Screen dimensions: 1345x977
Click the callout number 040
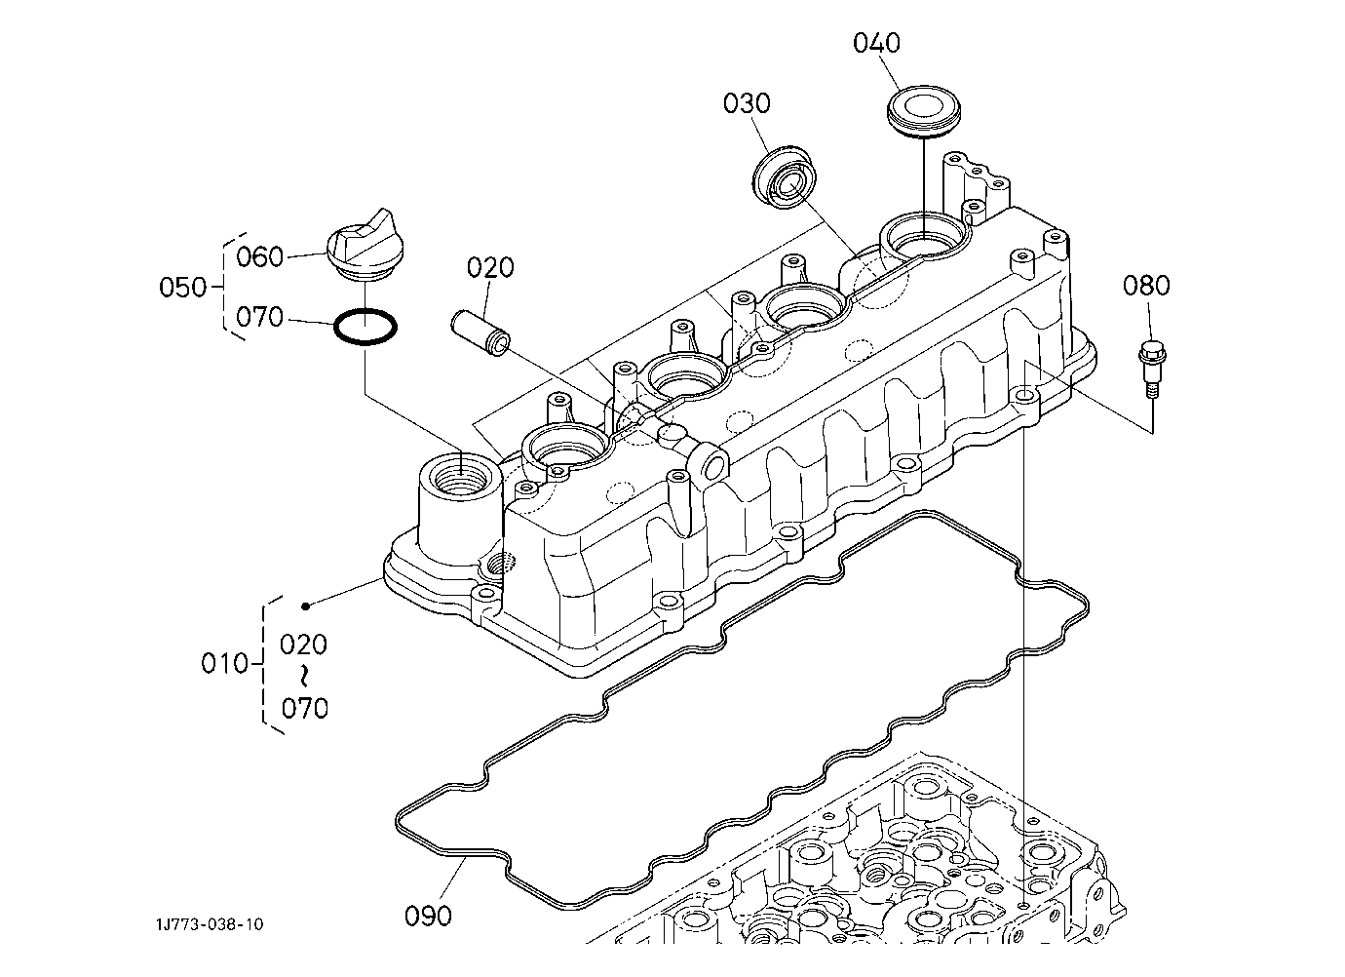876,43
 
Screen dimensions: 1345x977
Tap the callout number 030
747,103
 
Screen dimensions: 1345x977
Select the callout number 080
1146,286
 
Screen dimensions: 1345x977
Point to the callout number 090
428,916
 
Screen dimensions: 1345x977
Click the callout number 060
259,256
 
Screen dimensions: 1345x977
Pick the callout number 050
182,288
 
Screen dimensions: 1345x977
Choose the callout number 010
224,663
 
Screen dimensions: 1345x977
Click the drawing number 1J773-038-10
210,924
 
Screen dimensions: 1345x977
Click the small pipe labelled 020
480,334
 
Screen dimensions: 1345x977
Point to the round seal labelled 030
786,176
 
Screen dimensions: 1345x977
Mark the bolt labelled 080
1151,369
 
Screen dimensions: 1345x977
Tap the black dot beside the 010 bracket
306,606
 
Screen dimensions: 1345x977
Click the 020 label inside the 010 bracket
304,645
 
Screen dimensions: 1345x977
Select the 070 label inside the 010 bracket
304,709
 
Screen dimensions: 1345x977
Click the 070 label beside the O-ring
259,317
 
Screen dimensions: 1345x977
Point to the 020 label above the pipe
490,267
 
